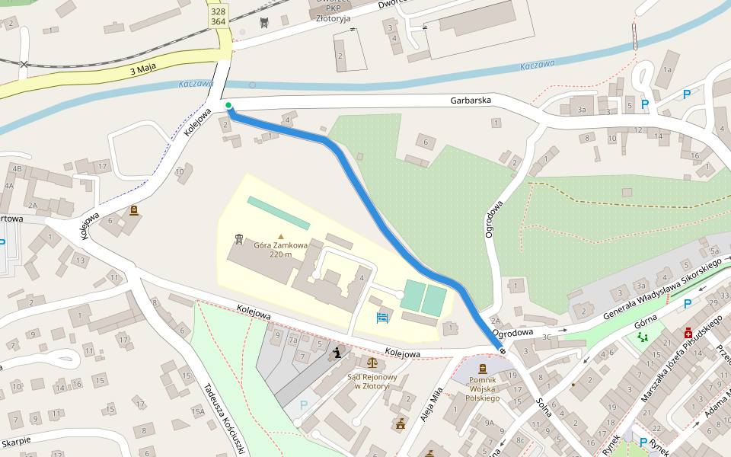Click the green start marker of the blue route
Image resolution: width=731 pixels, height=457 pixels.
(228, 105)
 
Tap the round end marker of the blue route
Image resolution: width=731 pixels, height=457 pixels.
(502, 350)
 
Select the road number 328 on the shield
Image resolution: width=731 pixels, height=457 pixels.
(219, 11)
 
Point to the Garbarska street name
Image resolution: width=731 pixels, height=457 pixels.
(471, 100)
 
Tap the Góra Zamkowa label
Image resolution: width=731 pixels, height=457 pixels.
(280, 250)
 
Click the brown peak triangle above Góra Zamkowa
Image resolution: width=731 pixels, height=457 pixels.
(280, 237)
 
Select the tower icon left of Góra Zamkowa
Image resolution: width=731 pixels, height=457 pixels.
(239, 240)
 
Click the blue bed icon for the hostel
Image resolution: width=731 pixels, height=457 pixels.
(382, 316)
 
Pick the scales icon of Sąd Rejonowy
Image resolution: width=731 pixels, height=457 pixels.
(372, 364)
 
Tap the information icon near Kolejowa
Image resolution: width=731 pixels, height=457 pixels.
(337, 352)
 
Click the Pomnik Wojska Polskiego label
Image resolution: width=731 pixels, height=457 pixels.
(482, 388)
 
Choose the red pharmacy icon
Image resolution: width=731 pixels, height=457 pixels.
(688, 333)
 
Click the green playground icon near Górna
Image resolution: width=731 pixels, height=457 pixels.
(643, 336)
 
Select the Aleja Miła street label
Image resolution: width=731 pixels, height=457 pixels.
(430, 404)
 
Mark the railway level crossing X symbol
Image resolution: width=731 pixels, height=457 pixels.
(24, 65)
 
